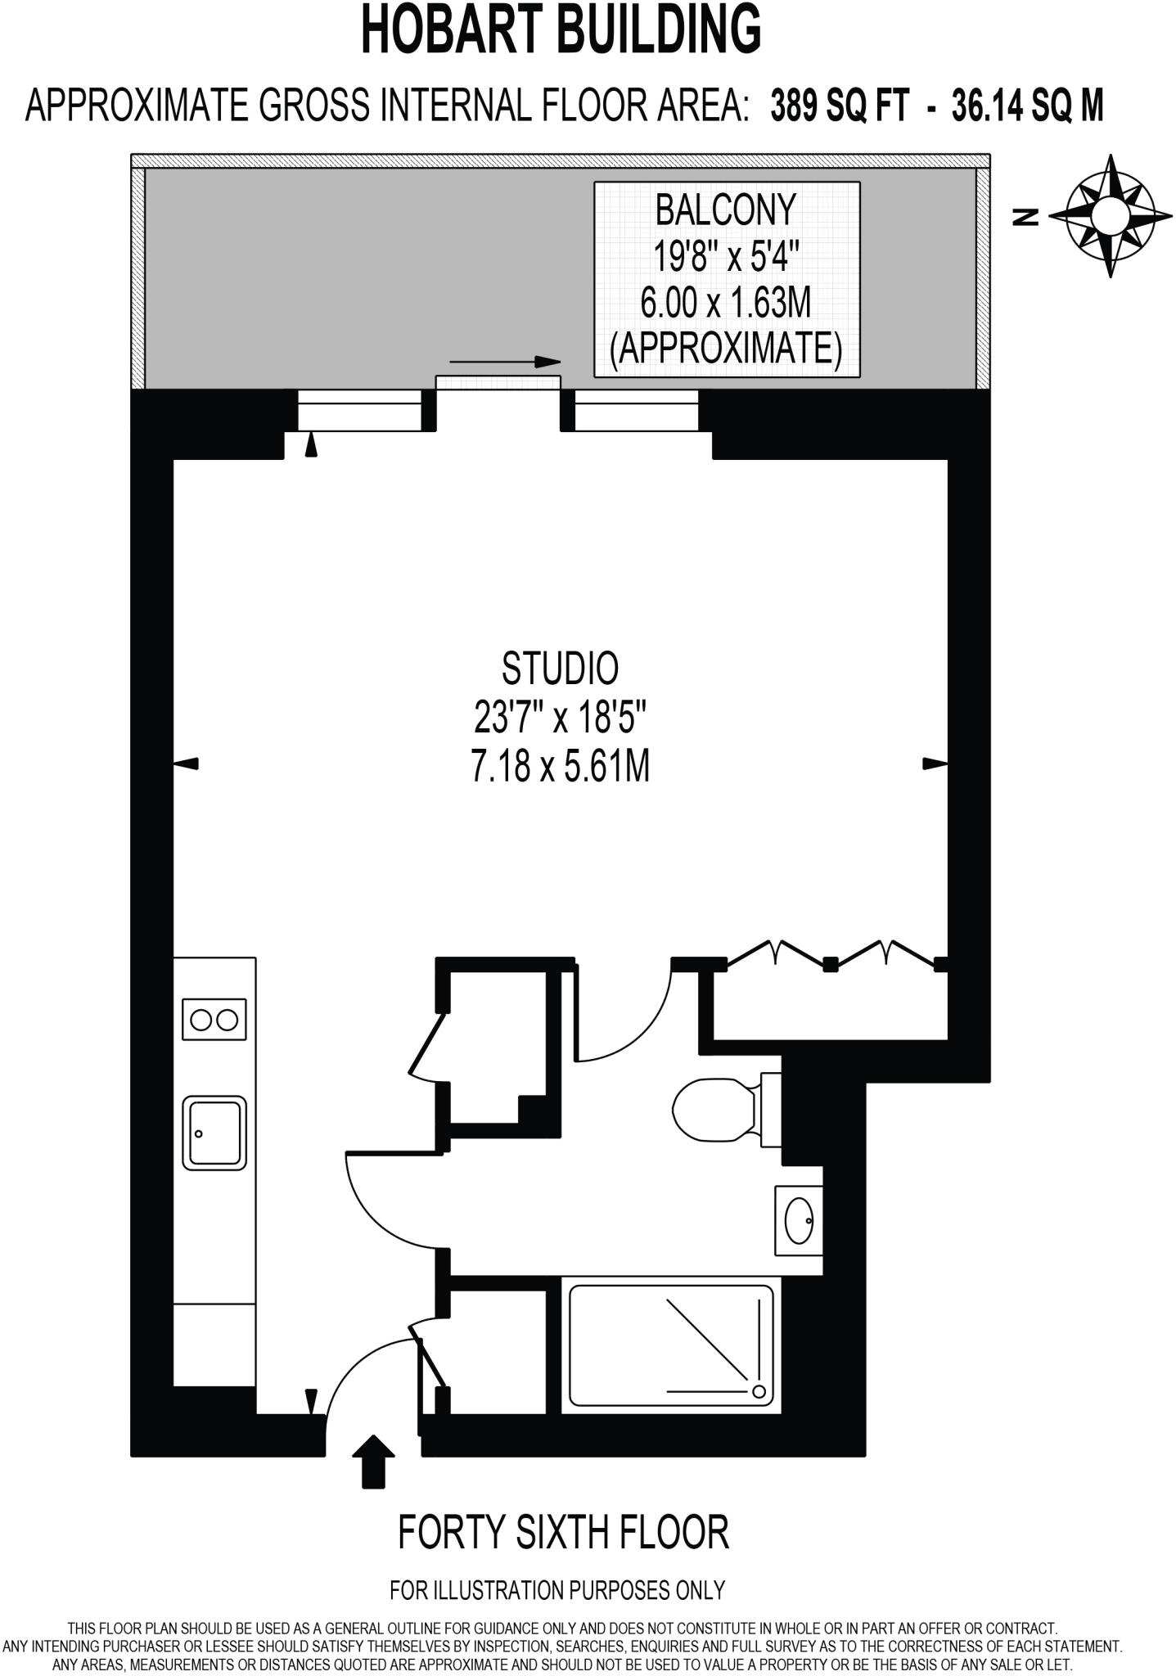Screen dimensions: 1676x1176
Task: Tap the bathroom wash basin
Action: click(x=799, y=1220)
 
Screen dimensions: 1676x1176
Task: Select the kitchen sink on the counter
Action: click(x=214, y=1133)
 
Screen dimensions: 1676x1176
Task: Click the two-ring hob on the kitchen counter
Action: click(x=214, y=1020)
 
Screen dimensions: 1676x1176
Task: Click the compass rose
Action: click(x=1111, y=215)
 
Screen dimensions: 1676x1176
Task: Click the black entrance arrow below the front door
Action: click(x=373, y=1461)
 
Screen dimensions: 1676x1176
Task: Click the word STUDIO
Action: click(x=561, y=669)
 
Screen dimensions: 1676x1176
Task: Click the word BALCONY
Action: click(x=726, y=210)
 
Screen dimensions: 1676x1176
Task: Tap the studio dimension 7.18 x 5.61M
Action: click(x=561, y=768)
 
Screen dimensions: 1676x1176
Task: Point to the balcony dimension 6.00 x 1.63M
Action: click(x=726, y=304)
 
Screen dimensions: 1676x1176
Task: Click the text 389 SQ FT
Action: click(x=840, y=107)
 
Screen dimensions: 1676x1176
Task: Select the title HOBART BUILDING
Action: click(x=561, y=30)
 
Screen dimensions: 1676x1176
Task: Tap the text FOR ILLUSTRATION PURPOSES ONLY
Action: click(x=557, y=1590)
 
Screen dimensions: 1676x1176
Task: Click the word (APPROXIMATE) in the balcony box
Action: click(x=726, y=349)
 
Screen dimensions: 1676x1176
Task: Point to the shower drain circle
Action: click(x=758, y=1391)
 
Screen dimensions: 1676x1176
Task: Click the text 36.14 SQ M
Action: click(x=1028, y=107)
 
